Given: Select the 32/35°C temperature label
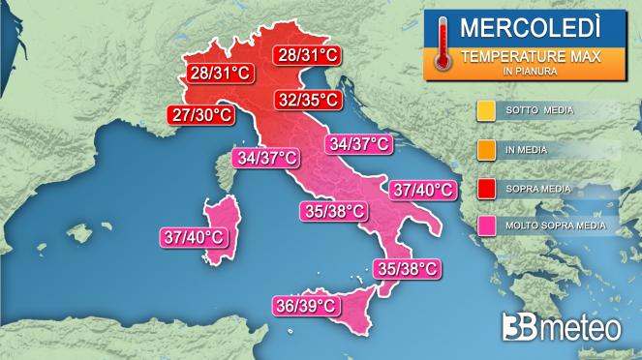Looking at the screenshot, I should pyautogui.click(x=308, y=99).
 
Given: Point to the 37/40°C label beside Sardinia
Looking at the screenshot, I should pyautogui.click(x=193, y=236).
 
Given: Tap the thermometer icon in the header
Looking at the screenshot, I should pyautogui.click(x=443, y=43).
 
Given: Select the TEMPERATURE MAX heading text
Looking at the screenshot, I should pyautogui.click(x=543, y=56).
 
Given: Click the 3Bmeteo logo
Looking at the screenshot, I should pyautogui.click(x=561, y=327).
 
